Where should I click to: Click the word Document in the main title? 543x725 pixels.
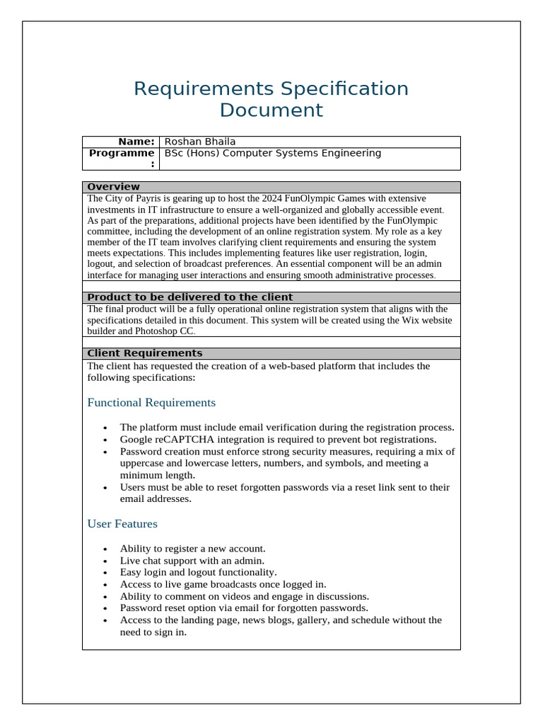point(271,110)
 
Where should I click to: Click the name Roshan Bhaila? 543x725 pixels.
point(200,142)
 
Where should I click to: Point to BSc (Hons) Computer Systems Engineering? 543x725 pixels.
point(272,153)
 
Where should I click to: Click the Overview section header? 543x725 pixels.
point(113,187)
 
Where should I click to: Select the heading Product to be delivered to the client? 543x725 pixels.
point(189,297)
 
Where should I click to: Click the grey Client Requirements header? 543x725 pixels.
point(144,353)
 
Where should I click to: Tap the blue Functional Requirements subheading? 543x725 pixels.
point(151,403)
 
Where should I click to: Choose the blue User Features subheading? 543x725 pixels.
point(122,524)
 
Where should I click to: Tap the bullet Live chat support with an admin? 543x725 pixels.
point(192,560)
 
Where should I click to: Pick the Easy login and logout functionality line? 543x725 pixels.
point(198,572)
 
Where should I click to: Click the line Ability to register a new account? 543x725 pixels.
point(192,549)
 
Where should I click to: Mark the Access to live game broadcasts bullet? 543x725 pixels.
point(223,584)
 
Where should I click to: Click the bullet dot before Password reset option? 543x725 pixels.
point(105,609)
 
